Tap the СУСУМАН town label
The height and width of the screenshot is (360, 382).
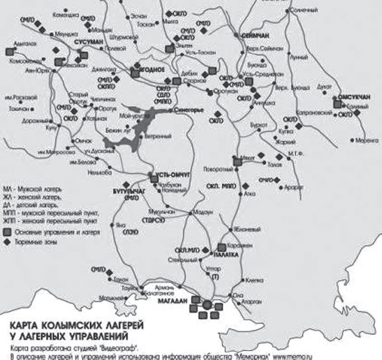pyautogui.click(x=88, y=43)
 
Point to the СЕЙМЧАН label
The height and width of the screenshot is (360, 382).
pyautogui.click(x=254, y=35)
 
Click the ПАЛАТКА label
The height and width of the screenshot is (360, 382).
pyautogui.click(x=226, y=256)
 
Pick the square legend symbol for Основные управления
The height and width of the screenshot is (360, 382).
pyautogui.click(x=7, y=231)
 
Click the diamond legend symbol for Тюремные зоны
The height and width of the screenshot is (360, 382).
pyautogui.click(x=7, y=242)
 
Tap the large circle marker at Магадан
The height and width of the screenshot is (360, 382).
pyautogui.click(x=207, y=305)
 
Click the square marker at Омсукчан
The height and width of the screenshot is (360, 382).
pyautogui.click(x=338, y=104)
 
